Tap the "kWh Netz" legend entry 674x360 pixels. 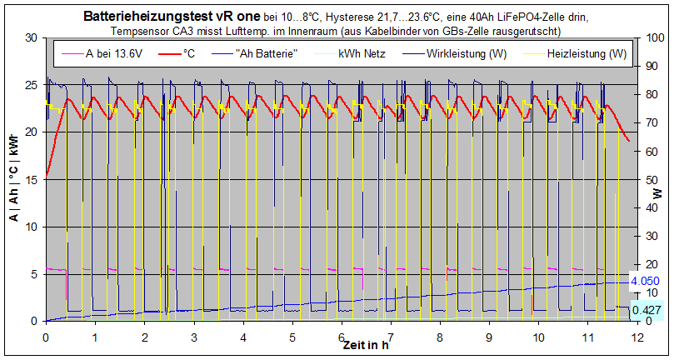tap(361, 54)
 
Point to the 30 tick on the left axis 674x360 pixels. tap(34, 37)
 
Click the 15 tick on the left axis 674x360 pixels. tap(34, 179)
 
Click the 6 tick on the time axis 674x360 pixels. tap(342, 337)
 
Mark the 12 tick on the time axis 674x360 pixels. tap(637, 337)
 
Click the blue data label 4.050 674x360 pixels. tap(646, 282)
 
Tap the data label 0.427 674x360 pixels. tap(647, 310)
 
